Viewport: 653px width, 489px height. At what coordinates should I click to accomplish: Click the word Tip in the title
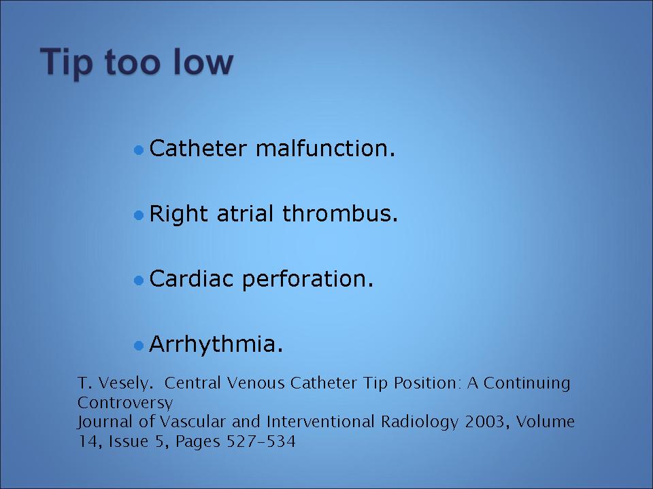tap(67, 63)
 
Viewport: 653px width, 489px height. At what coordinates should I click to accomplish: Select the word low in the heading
tap(203, 62)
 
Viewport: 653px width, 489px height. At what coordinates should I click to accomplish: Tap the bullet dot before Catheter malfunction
tap(139, 149)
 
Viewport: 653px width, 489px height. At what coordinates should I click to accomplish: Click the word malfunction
tap(325, 148)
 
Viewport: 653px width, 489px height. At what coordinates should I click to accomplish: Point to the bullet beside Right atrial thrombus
tap(139, 215)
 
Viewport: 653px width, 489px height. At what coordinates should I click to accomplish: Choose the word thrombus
tap(340, 213)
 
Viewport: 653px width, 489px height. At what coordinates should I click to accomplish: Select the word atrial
tap(246, 213)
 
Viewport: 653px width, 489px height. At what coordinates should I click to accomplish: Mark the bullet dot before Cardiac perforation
tap(139, 280)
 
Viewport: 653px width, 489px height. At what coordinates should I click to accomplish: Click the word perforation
tap(307, 279)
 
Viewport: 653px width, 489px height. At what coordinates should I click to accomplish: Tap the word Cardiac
tap(191, 278)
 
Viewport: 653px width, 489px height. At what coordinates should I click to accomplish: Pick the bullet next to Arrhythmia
tap(139, 345)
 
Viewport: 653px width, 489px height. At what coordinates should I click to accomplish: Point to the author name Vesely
tap(126, 383)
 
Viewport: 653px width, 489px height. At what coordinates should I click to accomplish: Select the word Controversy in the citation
tap(125, 403)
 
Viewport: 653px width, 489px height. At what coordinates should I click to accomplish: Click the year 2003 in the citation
tap(487, 422)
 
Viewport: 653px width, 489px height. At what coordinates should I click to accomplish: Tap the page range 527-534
tap(261, 441)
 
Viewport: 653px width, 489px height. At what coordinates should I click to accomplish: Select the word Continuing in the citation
tap(526, 384)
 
